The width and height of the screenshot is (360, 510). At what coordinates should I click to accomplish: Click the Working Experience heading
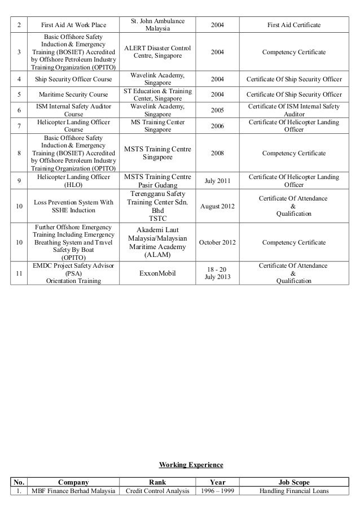coord(191,465)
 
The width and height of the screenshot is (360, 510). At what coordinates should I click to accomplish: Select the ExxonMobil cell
coord(157,273)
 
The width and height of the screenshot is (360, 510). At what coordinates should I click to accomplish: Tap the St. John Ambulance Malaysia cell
coord(157,25)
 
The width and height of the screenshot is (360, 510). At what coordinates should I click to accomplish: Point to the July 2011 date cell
coord(217,181)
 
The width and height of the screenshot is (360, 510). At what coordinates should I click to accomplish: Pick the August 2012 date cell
coord(217,206)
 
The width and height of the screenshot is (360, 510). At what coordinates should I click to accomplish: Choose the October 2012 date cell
coord(217,242)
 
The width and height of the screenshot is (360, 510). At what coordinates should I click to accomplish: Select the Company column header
coord(73,482)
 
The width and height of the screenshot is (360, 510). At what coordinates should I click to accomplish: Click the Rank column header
coord(157,482)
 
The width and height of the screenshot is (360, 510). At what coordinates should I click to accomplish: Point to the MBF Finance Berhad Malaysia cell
coord(73,491)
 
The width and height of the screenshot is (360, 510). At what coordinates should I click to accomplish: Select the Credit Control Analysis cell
coord(157,491)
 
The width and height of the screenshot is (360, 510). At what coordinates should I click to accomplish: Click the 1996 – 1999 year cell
coord(217,491)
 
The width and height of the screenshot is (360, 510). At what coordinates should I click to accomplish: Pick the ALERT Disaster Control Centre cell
coord(157,53)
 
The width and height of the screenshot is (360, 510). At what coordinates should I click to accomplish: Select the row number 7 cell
coord(19,126)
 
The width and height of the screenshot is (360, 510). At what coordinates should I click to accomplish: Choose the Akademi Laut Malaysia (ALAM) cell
coord(157,242)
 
